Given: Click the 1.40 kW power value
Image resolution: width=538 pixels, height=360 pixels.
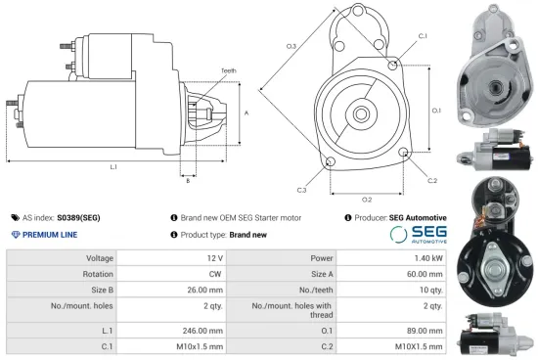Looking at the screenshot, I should click(428, 257).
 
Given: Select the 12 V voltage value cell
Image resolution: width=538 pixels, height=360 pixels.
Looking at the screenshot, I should click(211, 257).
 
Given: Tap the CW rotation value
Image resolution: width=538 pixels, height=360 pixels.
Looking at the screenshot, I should click(210, 275).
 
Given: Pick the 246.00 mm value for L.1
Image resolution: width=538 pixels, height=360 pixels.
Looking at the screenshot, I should click(201, 330).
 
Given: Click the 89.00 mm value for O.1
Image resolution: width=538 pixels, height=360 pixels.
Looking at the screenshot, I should click(425, 330).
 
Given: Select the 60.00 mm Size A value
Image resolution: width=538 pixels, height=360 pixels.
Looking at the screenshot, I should click(425, 275).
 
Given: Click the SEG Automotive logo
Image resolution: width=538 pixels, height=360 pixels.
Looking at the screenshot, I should click(419, 234).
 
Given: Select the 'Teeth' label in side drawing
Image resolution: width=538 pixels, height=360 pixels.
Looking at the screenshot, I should click(228, 70).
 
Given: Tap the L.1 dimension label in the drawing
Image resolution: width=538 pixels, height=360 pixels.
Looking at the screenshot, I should click(113, 167).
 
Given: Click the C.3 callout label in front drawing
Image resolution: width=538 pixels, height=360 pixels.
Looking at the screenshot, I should click(301, 189).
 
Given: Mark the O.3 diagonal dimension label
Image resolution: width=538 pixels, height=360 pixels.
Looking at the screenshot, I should click(291, 46).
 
